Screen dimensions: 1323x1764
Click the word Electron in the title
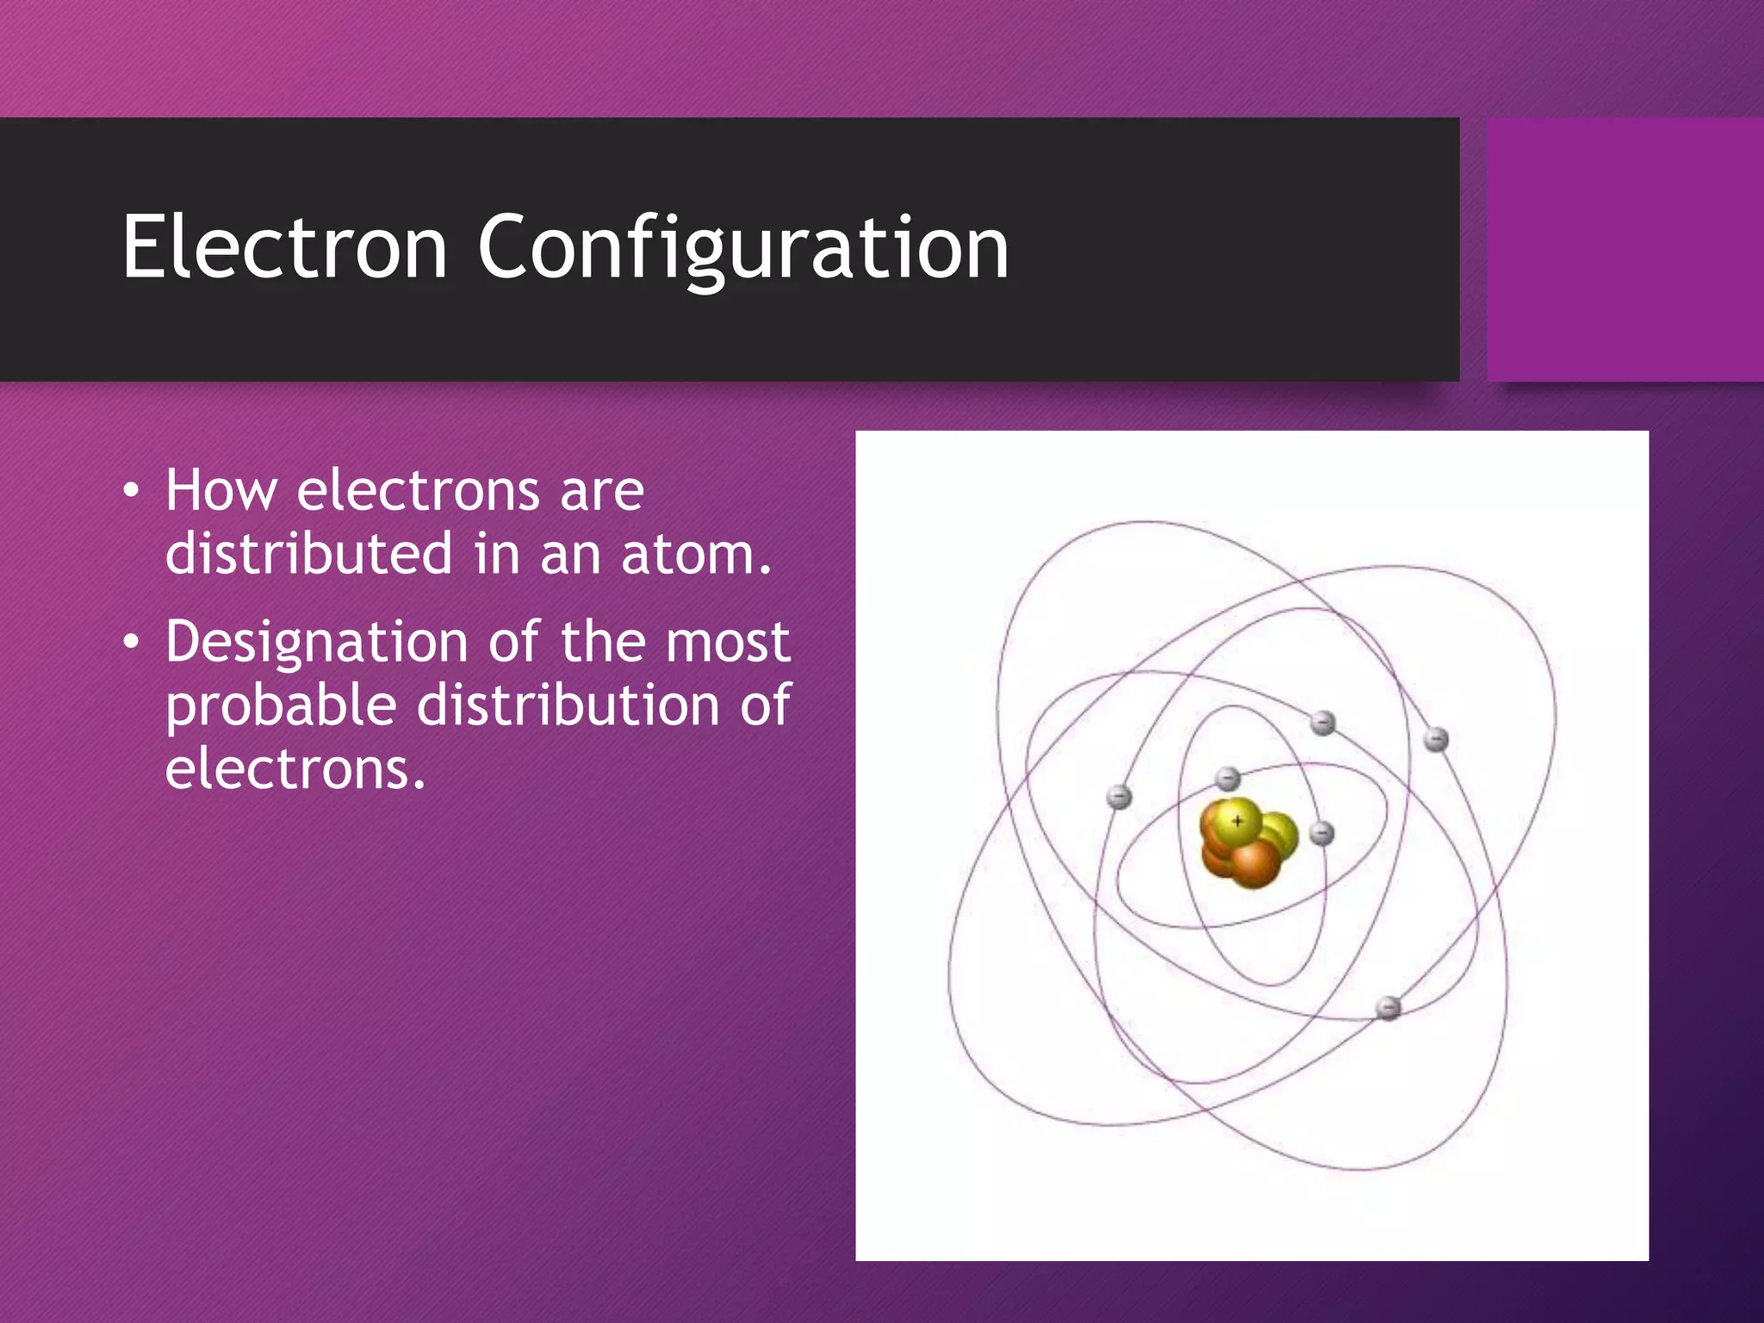point(284,248)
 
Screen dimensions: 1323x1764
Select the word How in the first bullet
point(220,490)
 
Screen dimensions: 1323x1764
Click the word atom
point(696,554)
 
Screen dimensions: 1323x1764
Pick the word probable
point(281,706)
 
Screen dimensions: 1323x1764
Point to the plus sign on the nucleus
point(1238,821)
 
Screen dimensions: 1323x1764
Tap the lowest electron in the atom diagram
point(1388,1007)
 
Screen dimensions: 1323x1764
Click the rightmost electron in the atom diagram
point(1435,739)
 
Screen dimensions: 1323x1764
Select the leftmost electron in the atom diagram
point(1119,797)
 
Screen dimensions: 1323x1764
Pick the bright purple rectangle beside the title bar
point(1624,249)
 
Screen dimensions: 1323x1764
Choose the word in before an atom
point(497,554)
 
